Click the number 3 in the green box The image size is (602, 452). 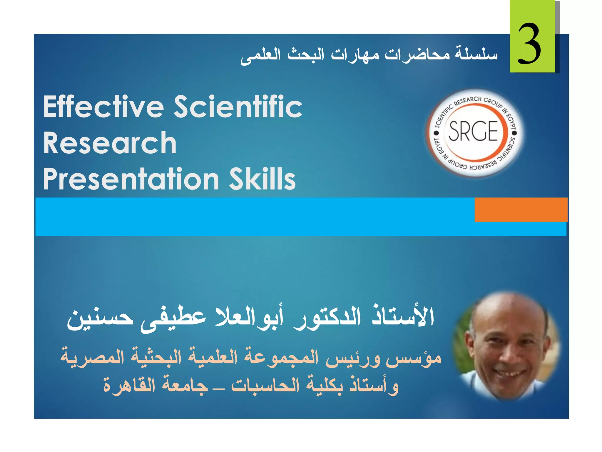pos(529,44)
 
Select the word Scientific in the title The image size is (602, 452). pos(238,107)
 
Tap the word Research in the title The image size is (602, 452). pos(110,143)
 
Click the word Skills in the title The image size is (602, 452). pos(262,179)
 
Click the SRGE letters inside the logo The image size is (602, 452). pos(473,131)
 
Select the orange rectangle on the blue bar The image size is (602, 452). pos(521,210)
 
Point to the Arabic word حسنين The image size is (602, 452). pos(100,319)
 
